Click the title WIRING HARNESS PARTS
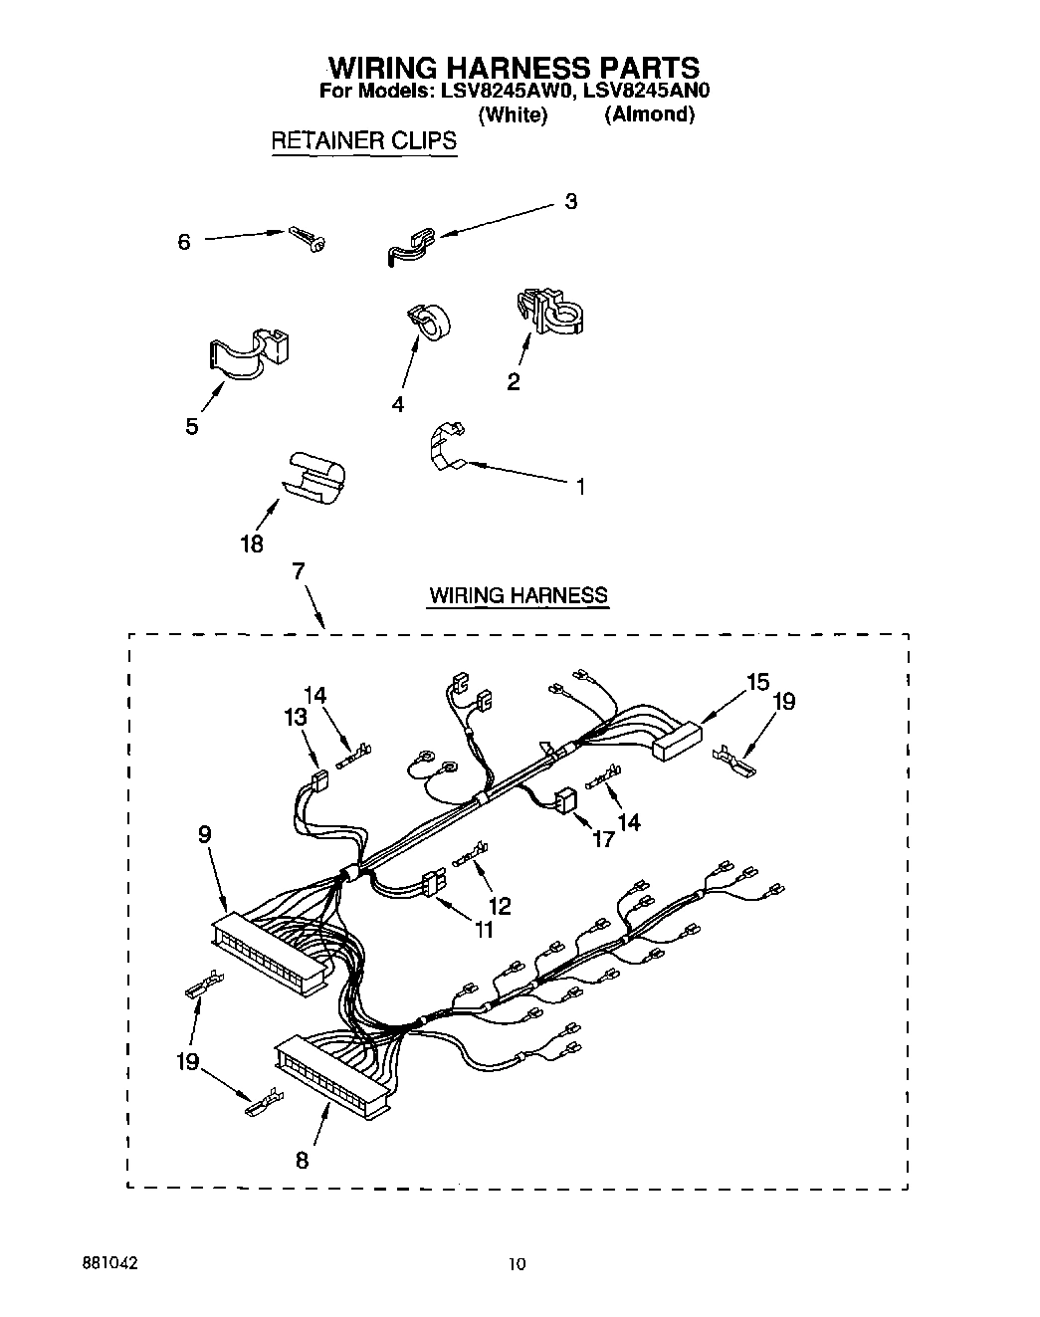[514, 67]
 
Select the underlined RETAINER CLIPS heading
[364, 140]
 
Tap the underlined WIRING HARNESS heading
[518, 595]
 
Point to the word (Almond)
[649, 114]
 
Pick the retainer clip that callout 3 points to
[409, 245]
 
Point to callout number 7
[298, 571]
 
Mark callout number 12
[500, 905]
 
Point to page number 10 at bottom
[517, 1264]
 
